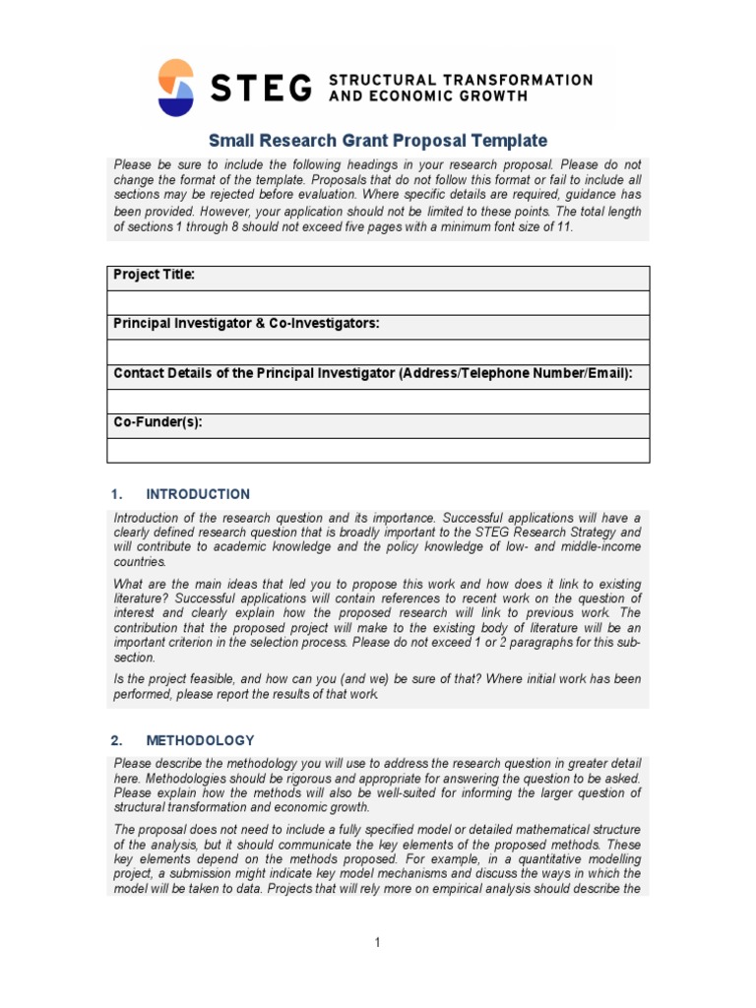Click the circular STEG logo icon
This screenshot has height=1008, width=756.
(x=176, y=88)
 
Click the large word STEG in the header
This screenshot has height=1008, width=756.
(x=260, y=88)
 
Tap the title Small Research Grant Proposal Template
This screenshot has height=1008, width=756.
(x=378, y=141)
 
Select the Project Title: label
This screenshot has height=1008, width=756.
(x=155, y=276)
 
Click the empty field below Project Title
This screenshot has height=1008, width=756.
(x=378, y=302)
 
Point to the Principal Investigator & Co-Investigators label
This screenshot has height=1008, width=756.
(x=246, y=324)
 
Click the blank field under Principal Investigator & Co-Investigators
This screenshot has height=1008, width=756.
(x=378, y=351)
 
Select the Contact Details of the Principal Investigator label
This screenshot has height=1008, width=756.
(x=373, y=373)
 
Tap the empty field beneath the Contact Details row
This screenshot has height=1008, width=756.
(x=378, y=401)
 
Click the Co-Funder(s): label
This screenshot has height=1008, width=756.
(x=158, y=422)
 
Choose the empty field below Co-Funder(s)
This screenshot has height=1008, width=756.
(x=378, y=450)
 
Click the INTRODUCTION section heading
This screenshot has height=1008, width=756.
(x=198, y=494)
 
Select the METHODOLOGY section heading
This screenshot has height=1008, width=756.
(x=200, y=740)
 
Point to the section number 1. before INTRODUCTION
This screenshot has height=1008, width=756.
(x=116, y=494)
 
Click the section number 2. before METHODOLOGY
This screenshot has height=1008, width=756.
(x=116, y=740)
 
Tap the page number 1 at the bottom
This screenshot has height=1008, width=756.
(x=377, y=942)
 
